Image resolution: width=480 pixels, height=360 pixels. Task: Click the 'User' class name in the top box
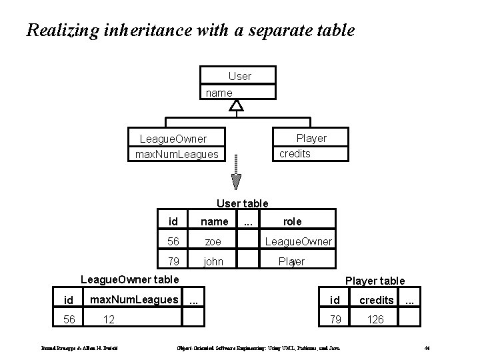(x=239, y=76)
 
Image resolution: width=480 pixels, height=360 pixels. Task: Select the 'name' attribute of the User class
(x=219, y=93)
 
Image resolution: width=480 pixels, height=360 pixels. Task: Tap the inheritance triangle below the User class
(x=237, y=105)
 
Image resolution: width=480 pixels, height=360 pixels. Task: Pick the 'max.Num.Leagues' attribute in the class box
(x=176, y=154)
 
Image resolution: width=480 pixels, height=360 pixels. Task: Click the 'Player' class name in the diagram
(x=311, y=138)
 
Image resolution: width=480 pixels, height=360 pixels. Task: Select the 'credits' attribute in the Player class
(x=295, y=153)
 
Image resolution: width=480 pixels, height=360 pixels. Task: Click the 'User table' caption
(x=243, y=203)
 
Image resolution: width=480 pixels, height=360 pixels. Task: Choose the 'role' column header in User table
(x=292, y=221)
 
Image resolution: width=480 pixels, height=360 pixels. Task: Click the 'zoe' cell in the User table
(x=213, y=241)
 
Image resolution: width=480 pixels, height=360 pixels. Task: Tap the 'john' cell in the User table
(x=213, y=261)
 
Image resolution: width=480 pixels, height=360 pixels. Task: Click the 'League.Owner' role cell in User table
(x=299, y=241)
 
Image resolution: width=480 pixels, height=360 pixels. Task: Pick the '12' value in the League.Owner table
(x=109, y=320)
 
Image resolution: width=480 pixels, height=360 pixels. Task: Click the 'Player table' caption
(x=375, y=281)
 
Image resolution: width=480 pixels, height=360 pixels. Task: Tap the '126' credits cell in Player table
(x=375, y=320)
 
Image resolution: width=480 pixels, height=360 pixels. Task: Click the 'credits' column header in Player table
(x=377, y=300)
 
